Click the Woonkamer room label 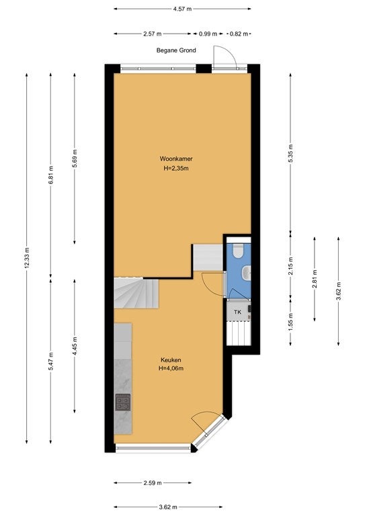[x=176, y=159]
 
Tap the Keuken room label [x=171, y=360]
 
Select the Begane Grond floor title [x=176, y=50]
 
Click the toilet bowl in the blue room [x=237, y=251]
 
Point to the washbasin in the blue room [x=247, y=272]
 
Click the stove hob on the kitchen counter [x=123, y=402]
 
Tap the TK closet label [x=237, y=312]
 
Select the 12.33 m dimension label [x=27, y=258]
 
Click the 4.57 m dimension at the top [x=182, y=9]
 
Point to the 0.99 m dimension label [x=208, y=34]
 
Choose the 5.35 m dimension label [x=290, y=153]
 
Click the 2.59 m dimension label [x=153, y=483]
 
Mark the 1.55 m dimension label [x=290, y=322]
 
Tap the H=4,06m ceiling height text [x=171, y=369]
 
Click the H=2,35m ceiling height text [x=176, y=169]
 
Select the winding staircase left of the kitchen [x=136, y=293]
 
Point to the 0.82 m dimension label [x=239, y=34]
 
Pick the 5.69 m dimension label [x=75, y=159]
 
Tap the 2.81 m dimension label [x=315, y=279]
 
